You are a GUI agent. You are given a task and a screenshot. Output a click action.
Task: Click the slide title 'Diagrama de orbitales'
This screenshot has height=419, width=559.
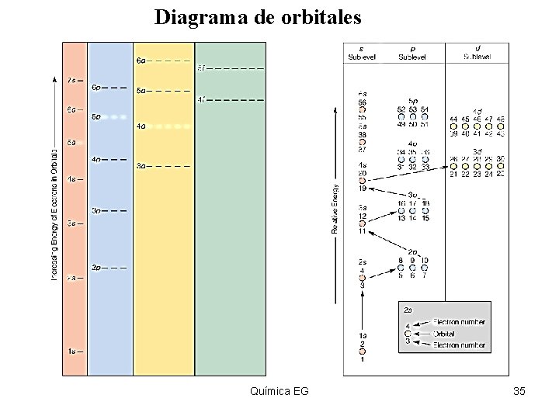point(257,17)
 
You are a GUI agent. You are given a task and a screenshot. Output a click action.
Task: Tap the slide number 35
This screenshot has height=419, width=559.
point(519,391)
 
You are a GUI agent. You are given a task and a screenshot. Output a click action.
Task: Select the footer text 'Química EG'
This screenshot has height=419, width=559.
point(280,391)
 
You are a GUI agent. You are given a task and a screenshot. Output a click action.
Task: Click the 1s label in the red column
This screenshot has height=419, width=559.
point(71,351)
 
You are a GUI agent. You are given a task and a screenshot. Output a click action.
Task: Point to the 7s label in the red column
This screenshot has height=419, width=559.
point(71,80)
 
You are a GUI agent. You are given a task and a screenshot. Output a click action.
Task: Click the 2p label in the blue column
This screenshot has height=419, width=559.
point(96,268)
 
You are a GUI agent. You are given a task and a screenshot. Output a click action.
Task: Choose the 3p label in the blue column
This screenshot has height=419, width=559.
point(96,210)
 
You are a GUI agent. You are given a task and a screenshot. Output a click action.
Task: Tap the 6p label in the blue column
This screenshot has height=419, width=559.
point(96,88)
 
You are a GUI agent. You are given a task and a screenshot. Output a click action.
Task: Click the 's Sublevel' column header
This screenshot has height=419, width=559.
point(362,52)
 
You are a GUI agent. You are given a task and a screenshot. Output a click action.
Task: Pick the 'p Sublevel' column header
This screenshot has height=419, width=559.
point(412,52)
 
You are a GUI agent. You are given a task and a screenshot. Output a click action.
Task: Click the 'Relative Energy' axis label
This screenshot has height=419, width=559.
point(335,208)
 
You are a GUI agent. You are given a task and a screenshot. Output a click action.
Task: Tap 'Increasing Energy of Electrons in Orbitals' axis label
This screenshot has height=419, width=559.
point(54,213)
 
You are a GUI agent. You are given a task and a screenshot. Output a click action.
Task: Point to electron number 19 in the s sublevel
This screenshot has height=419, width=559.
point(362,189)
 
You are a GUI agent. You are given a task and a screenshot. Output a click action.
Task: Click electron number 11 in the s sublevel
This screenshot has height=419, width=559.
point(362,231)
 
